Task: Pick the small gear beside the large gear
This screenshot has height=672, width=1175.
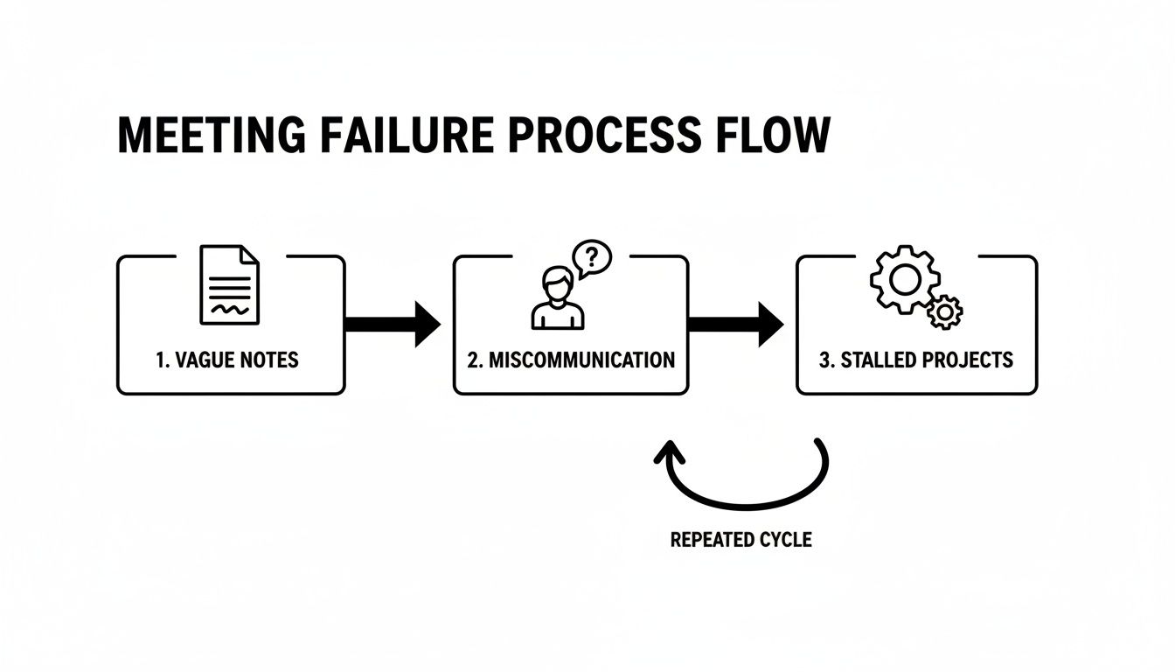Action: (x=944, y=311)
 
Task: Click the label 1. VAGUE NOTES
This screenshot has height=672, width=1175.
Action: (x=227, y=360)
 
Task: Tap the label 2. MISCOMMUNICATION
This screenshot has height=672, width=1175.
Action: (x=571, y=360)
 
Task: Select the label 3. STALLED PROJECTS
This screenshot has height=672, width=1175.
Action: (x=916, y=360)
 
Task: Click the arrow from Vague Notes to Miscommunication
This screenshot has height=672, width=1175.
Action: (x=393, y=324)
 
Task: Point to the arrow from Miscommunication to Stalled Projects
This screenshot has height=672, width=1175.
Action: (x=735, y=324)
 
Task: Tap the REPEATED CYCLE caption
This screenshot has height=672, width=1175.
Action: (x=740, y=540)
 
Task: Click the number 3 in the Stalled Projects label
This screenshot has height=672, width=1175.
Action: (x=825, y=360)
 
